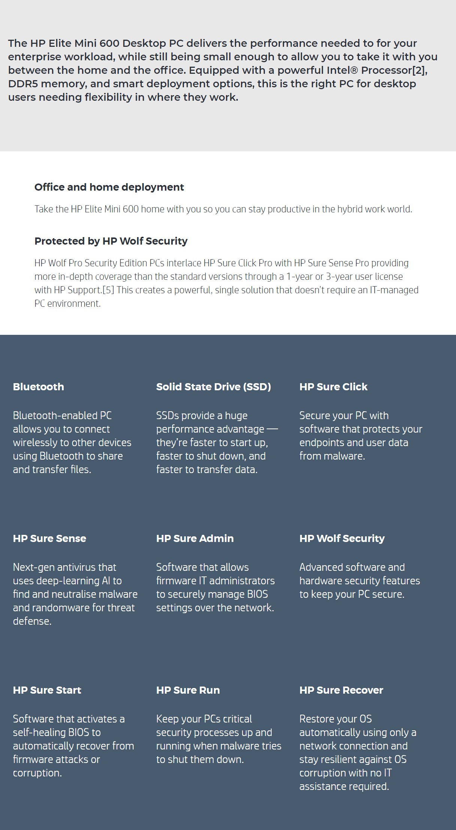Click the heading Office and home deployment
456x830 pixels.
(109, 187)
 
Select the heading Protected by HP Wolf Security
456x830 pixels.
(111, 241)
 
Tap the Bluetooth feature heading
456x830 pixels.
(38, 387)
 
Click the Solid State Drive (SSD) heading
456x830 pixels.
(213, 387)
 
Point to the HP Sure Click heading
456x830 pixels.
(333, 387)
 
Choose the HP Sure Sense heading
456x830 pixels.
(49, 538)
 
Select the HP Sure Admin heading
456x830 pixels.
(195, 538)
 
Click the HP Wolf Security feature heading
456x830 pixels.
(342, 538)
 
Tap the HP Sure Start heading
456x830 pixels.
(47, 690)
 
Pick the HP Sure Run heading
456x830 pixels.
(188, 690)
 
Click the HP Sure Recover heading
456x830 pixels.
(341, 690)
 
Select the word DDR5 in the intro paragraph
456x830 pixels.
(23, 84)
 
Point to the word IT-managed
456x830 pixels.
(394, 290)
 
